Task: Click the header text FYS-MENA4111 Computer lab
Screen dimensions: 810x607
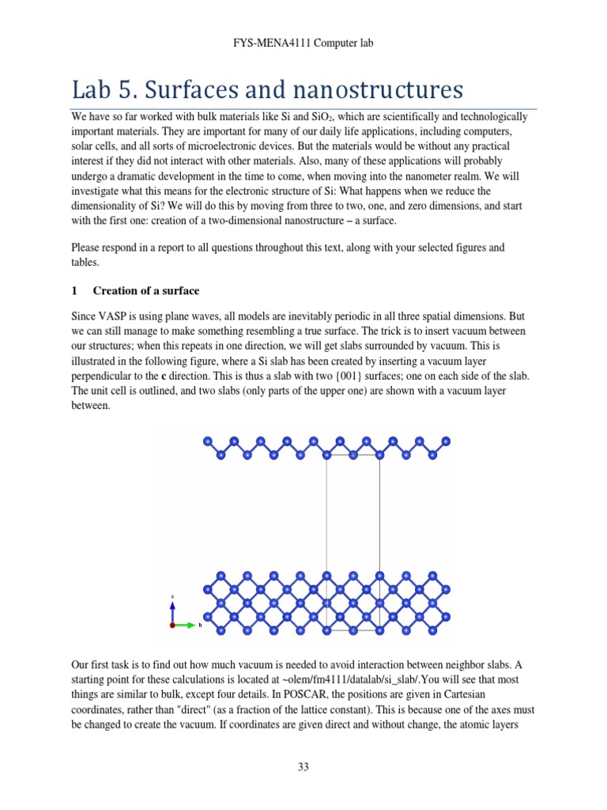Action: pos(303,43)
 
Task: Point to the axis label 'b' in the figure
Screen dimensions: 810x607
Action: pos(200,625)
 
